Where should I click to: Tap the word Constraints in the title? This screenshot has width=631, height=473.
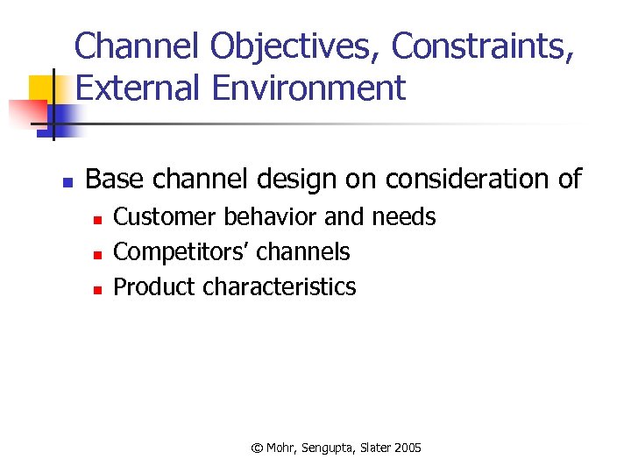(x=483, y=47)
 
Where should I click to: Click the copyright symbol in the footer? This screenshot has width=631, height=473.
(x=257, y=448)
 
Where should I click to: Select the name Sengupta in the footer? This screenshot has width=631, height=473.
(x=327, y=448)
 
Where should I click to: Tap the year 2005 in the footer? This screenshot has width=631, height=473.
(x=408, y=448)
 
